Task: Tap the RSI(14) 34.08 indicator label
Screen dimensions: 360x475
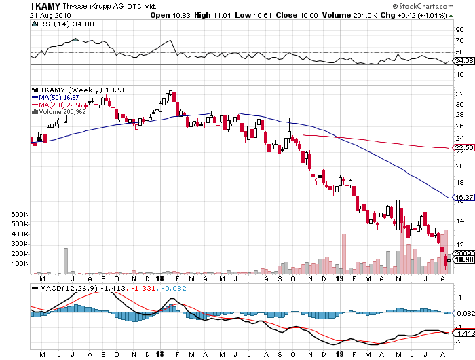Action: coord(55,24)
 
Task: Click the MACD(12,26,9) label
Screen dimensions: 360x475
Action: coord(65,289)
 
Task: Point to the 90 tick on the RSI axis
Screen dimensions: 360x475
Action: coord(458,29)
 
